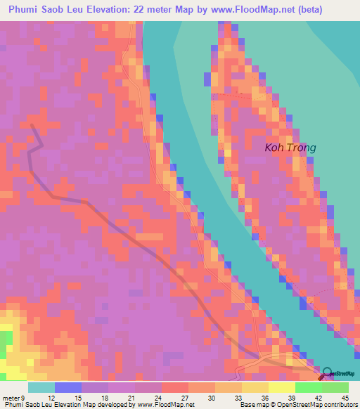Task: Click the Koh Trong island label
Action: (290, 148)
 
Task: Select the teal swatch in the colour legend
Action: (41, 388)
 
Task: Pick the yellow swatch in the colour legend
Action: (282, 388)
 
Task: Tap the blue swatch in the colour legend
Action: (68, 388)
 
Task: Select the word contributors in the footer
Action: (341, 404)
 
